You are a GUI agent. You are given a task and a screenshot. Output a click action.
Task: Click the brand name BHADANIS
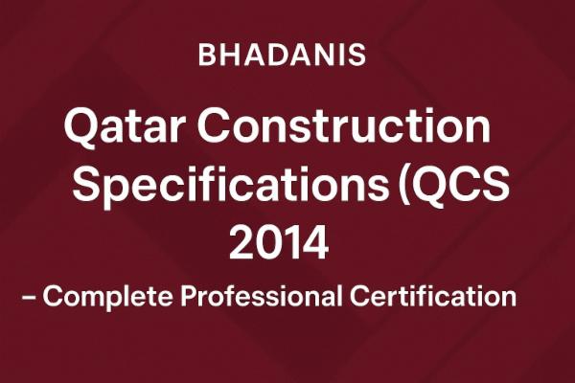click(x=282, y=55)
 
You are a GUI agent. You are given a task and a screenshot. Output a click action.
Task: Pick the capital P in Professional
click(x=191, y=296)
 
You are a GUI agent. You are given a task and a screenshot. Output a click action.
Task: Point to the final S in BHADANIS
click(x=357, y=55)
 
